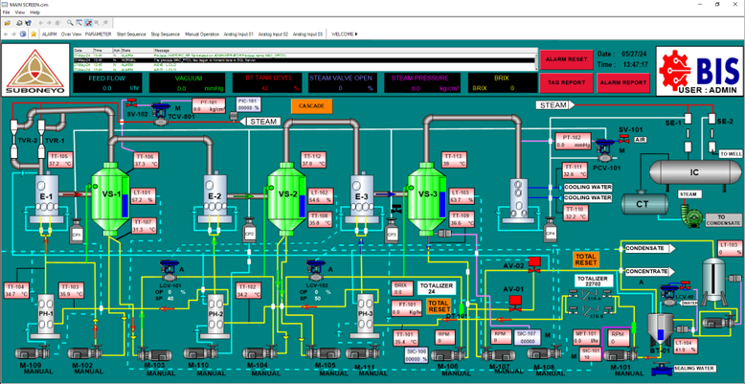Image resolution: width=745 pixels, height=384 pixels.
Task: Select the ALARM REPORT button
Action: pyautogui.click(x=622, y=82)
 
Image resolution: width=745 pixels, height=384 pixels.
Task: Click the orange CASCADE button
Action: pyautogui.click(x=310, y=105)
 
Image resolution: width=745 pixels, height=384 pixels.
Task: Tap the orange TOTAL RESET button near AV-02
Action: pyautogui.click(x=585, y=259)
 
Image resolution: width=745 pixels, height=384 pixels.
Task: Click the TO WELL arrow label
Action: pyautogui.click(x=729, y=153)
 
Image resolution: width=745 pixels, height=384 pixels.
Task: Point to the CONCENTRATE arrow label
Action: pyautogui.click(x=646, y=271)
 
